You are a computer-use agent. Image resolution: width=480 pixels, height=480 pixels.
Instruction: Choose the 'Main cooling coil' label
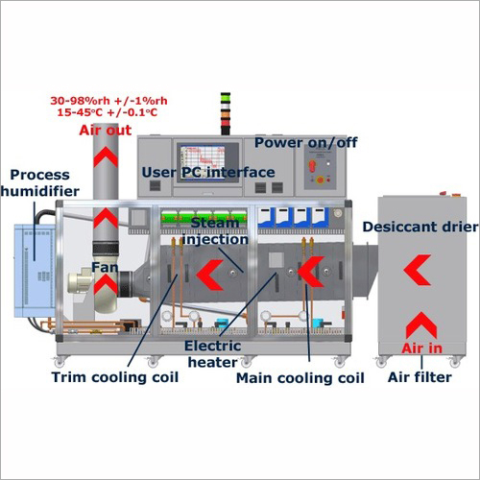(300, 377)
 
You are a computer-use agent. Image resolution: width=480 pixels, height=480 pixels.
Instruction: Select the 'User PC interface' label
(208, 172)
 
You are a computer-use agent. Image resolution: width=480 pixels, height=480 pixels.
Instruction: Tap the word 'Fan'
(106, 267)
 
